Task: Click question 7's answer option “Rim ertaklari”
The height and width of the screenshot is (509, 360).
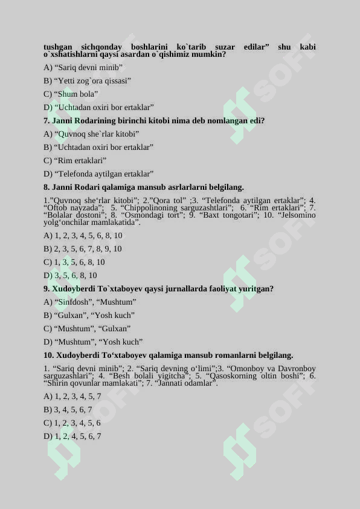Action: (x=76, y=161)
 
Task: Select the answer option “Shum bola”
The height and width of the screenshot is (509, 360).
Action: (x=71, y=94)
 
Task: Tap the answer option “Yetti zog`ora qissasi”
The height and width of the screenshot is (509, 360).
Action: (x=88, y=81)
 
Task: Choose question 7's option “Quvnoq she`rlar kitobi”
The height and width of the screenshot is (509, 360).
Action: (x=91, y=134)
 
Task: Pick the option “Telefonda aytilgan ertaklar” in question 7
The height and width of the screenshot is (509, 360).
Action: (x=98, y=174)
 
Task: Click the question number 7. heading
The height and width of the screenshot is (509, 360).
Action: (x=47, y=121)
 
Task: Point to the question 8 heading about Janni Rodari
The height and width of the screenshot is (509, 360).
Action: (x=143, y=187)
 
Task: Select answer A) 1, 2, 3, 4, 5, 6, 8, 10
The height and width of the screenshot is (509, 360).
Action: (x=83, y=236)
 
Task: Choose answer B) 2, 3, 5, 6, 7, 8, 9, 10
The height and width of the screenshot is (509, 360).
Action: (x=83, y=249)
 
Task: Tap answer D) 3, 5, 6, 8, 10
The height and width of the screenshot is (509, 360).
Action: (x=70, y=276)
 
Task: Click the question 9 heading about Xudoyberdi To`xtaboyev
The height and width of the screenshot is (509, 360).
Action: (x=158, y=289)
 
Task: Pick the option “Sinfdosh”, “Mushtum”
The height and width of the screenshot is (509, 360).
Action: (x=90, y=302)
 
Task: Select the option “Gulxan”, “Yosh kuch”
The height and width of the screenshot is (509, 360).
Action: (x=89, y=316)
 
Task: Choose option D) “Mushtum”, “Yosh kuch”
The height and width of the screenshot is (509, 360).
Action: (x=93, y=342)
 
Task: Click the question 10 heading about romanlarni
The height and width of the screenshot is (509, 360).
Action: (x=168, y=355)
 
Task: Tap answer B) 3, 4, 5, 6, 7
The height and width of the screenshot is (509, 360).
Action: (x=72, y=410)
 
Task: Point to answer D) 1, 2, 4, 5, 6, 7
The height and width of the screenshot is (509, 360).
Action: (x=72, y=436)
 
